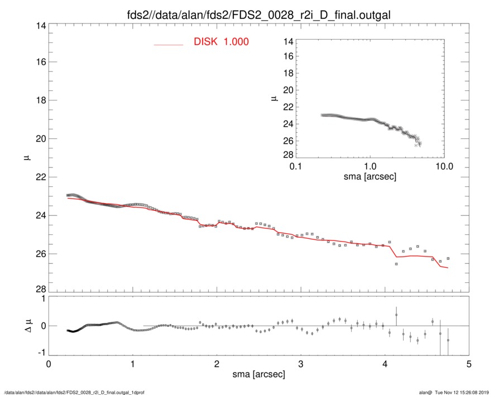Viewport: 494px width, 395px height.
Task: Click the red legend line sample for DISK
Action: [169, 44]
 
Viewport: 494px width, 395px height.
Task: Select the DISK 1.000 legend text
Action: [221, 42]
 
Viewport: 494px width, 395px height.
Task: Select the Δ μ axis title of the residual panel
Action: [26, 325]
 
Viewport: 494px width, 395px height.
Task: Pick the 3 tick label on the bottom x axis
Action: [301, 364]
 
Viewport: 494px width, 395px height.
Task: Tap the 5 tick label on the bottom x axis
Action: [469, 364]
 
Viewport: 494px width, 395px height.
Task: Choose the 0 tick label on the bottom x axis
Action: [49, 364]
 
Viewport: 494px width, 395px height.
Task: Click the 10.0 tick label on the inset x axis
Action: [444, 167]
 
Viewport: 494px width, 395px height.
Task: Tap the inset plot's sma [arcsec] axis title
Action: [370, 177]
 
